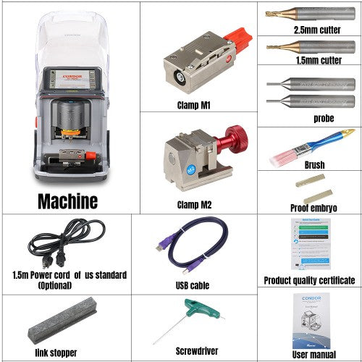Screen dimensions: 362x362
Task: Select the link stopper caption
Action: [x=56, y=352]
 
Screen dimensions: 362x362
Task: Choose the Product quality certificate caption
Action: [x=309, y=280]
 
